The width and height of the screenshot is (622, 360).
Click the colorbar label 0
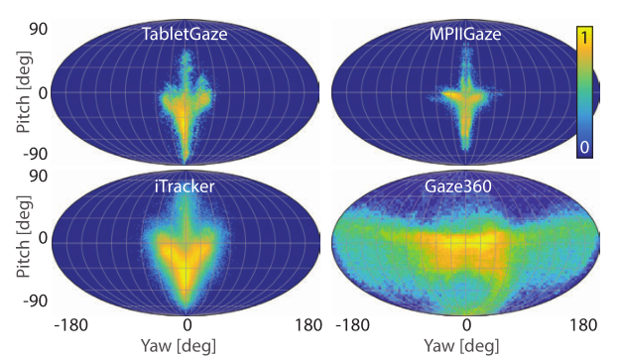[x=587, y=146]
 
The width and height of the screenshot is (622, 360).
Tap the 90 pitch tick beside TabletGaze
[x=37, y=29]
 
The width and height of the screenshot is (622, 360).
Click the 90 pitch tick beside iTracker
[x=37, y=177]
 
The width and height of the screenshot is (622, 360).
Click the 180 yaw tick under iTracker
[x=308, y=324]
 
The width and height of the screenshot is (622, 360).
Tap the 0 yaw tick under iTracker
[x=187, y=324]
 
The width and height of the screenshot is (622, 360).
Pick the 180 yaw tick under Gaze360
[x=585, y=324]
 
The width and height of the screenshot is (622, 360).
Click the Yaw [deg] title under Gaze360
[x=466, y=346]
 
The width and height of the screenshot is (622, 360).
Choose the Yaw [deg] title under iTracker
[x=187, y=346]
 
